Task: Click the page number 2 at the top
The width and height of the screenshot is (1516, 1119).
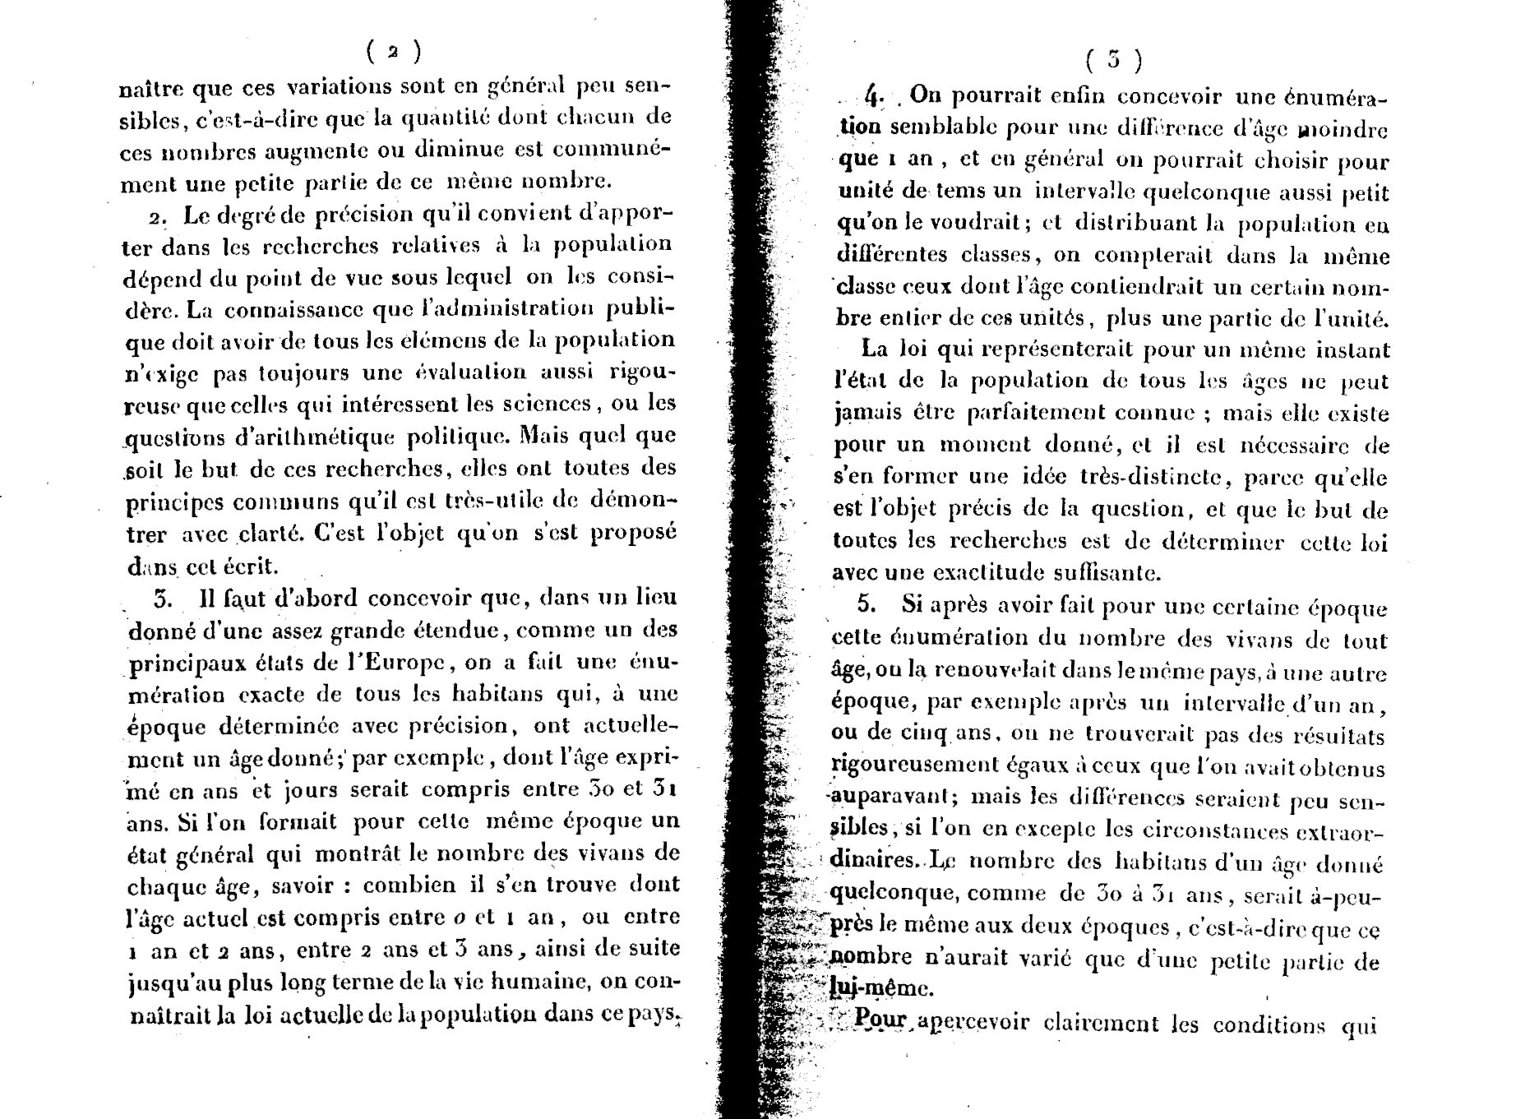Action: [394, 52]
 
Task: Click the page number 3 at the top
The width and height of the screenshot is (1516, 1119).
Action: [1113, 59]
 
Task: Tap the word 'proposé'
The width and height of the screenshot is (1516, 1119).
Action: [635, 532]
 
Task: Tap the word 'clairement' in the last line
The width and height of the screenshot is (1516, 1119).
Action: [1101, 1025]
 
